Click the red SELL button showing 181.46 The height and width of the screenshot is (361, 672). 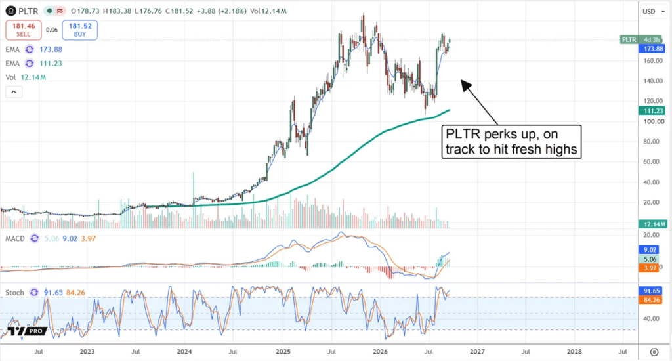tap(24, 30)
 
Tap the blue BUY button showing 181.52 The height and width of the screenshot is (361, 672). tap(79, 30)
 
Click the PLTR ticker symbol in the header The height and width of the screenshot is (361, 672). tap(28, 11)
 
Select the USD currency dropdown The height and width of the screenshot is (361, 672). tap(654, 12)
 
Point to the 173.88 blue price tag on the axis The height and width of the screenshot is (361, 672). tap(653, 49)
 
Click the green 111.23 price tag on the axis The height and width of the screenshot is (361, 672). tap(653, 111)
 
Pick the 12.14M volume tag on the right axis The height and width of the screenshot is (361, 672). tap(653, 224)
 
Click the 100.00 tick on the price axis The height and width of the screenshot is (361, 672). tap(653, 122)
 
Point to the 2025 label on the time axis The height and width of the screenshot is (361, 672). tap(283, 352)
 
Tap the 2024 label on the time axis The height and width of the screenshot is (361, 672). tap(184, 352)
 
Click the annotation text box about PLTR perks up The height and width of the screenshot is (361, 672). tap(511, 142)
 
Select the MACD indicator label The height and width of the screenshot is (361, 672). tap(15, 238)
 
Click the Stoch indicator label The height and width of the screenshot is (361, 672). tap(14, 293)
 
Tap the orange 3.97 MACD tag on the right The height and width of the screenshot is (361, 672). tap(650, 268)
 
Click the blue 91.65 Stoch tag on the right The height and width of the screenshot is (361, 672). tap(651, 291)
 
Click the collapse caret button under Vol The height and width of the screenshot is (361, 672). tap(14, 92)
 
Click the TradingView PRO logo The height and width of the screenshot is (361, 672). tap(26, 331)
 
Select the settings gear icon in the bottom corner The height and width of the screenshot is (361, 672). tap(654, 352)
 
